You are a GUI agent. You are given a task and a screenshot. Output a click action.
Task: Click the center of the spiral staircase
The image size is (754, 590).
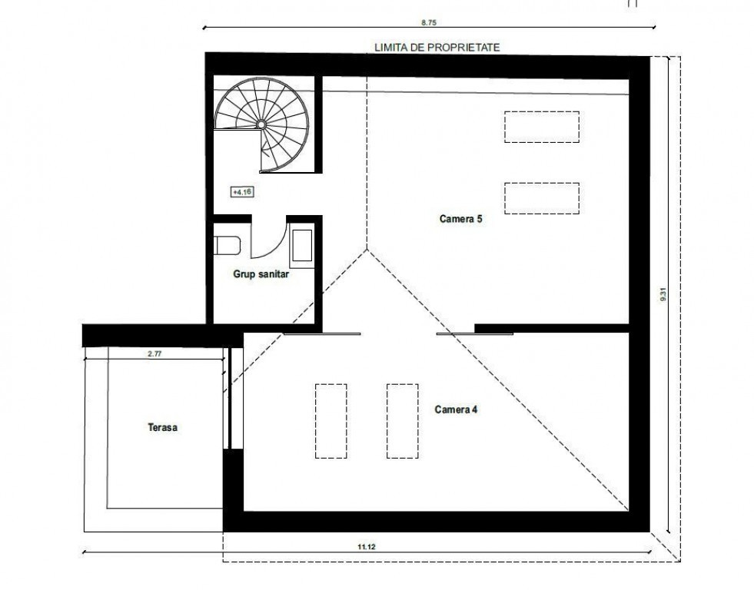coord(261,124)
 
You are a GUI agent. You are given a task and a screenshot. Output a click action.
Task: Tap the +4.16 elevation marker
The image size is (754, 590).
coord(242,191)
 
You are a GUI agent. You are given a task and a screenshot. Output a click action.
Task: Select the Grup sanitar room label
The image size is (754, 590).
coord(261,273)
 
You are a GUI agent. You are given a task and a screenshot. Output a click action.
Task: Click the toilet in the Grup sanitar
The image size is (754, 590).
coord(228,245)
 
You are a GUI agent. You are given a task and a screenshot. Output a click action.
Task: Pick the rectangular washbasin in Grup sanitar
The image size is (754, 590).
coord(302,247)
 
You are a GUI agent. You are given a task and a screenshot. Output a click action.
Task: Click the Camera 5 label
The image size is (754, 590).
coord(460,219)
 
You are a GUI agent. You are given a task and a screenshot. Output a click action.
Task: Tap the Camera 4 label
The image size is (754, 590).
coord(457,409)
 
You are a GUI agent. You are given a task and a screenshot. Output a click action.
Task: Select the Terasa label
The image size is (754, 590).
coord(163,427)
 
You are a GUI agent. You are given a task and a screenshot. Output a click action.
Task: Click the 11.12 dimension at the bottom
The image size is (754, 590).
coord(366,546)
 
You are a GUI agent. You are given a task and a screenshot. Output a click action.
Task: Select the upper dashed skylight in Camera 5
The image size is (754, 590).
coord(541,127)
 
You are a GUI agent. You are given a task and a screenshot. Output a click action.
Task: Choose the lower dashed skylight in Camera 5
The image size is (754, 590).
coord(541,197)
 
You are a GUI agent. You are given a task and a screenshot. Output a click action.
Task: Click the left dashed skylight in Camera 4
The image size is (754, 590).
coord(330,421)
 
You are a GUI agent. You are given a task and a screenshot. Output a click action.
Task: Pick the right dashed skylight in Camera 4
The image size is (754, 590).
coord(402,421)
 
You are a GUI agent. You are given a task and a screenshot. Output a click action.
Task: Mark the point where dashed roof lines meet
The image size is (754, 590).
coord(367,249)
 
